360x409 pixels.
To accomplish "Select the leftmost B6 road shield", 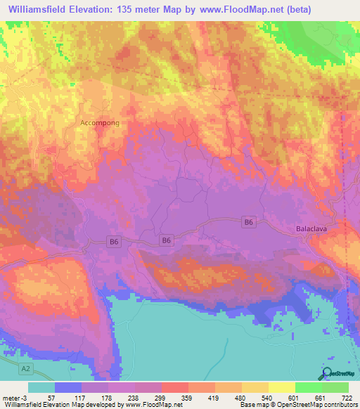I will coord(115,241).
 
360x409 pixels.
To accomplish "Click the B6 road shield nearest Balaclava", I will coord(247,222).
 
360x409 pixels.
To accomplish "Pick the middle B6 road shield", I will coord(166,240).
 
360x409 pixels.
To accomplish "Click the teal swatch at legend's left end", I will coord(41,388).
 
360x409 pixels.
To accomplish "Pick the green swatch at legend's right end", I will coord(335,388).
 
